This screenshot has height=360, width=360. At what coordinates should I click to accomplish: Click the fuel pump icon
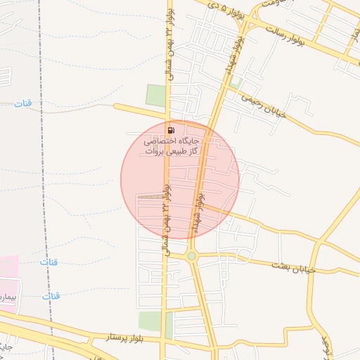(x=172, y=130)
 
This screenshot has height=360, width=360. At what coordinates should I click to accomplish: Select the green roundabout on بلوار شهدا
(x=192, y=257)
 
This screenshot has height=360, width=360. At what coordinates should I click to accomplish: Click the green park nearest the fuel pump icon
(x=155, y=95)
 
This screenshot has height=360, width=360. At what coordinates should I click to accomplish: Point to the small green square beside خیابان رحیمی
(x=236, y=82)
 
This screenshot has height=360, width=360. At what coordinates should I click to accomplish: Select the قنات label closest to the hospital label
(x=51, y=296)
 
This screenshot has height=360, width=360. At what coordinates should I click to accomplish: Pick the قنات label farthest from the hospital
(x=22, y=104)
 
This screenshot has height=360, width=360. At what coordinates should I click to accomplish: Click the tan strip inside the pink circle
(x=148, y=196)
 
